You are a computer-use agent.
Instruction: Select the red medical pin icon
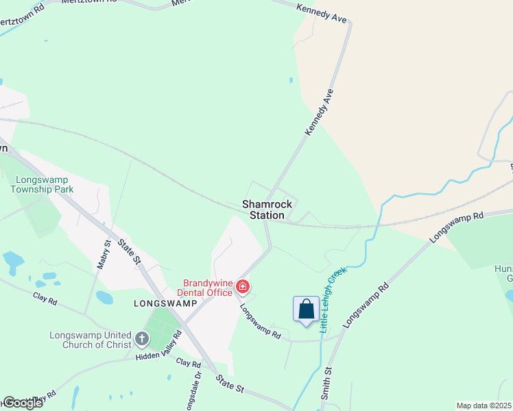coord(242,286)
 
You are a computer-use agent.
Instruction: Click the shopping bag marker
coord(306,310)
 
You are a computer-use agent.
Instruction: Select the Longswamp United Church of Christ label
coord(89,340)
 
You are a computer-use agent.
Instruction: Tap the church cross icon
coord(142,338)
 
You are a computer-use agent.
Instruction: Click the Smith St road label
coord(328,384)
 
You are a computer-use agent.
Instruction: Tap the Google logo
coord(22,403)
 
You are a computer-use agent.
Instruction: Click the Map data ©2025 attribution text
coord(484,406)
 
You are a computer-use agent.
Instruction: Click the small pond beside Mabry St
coord(104,297)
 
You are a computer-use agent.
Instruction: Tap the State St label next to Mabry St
coord(128,251)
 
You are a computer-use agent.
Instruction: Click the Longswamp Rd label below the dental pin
coord(261,322)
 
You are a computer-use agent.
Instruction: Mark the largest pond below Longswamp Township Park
coord(13,261)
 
